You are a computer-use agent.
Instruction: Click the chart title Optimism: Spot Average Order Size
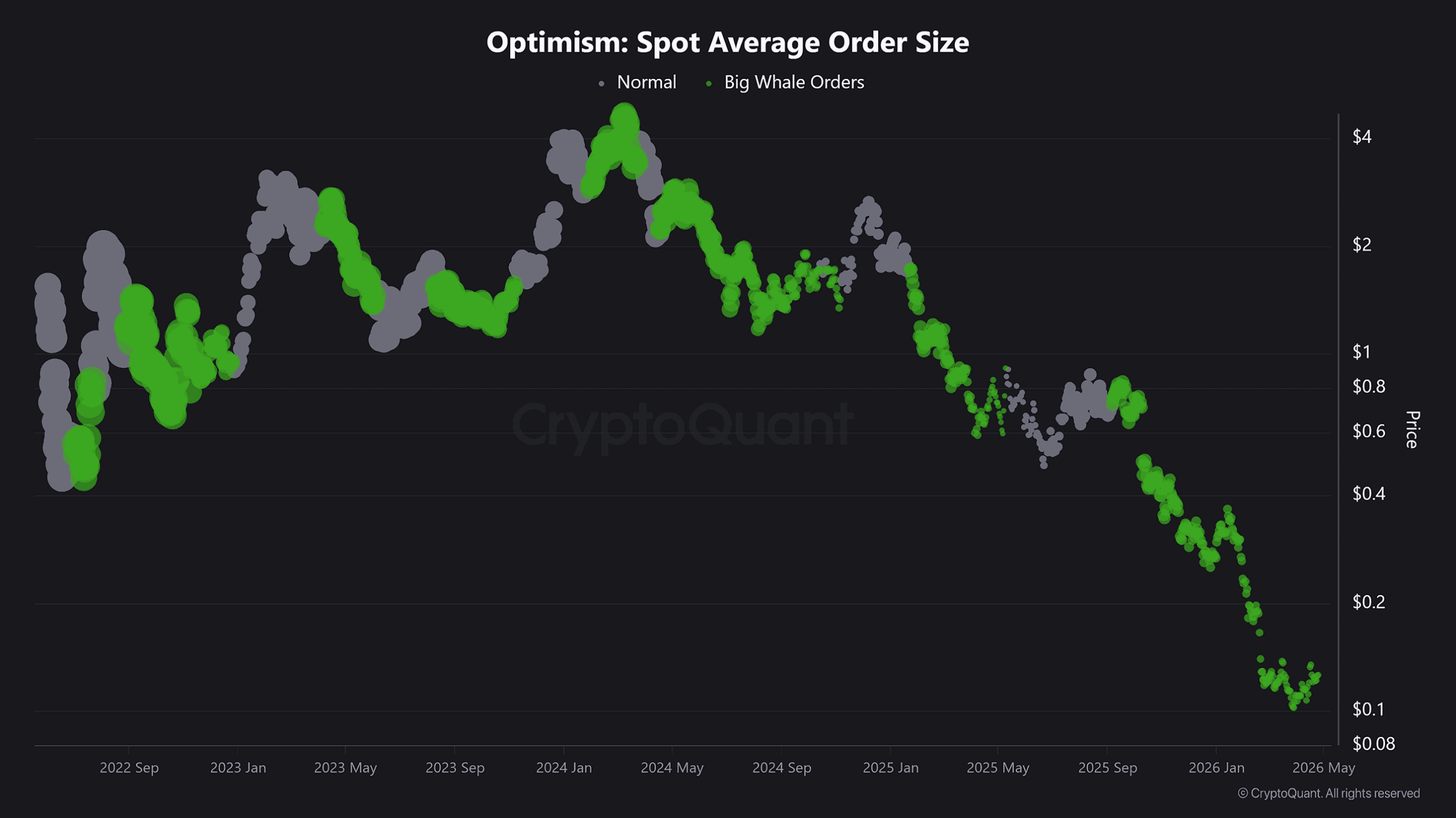pos(727,43)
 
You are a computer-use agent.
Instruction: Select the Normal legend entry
pos(646,82)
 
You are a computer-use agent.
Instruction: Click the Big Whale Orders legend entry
pos(793,82)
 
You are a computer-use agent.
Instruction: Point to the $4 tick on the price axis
pos(1362,137)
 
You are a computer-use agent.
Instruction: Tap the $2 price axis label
pos(1362,245)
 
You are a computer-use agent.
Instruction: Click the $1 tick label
pos(1361,352)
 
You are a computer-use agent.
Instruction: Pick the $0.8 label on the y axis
pos(1368,387)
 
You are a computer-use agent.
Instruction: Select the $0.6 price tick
pos(1368,432)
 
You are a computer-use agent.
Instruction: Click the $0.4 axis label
pos(1368,494)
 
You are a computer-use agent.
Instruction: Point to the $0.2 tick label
pos(1368,602)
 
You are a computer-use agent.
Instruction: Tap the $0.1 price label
pos(1368,709)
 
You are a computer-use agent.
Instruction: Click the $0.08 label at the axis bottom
pos(1373,744)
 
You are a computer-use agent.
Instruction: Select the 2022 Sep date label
pos(129,768)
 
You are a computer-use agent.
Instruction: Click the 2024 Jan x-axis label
pos(564,768)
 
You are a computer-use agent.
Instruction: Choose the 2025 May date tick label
pos(998,768)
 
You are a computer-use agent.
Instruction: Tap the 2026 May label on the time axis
pos(1323,768)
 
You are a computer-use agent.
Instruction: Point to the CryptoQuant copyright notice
pos(1329,794)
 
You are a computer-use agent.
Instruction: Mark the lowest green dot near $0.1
pos(1293,707)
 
